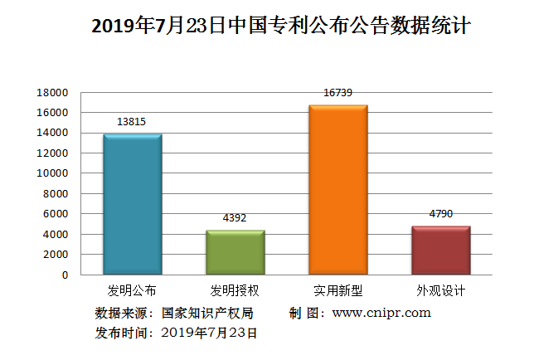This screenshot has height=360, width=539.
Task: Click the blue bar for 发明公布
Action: click(132, 204)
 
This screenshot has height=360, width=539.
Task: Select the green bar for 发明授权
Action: click(235, 252)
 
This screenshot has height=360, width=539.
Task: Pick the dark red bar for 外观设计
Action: click(440, 250)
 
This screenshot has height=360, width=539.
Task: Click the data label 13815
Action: click(132, 122)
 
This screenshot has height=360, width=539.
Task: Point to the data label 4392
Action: click(235, 218)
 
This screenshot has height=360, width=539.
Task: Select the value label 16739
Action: click(337, 93)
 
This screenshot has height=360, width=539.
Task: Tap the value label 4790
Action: click(440, 214)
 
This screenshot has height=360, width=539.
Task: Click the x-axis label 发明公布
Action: click(132, 291)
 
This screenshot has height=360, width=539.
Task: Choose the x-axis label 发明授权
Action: click(235, 291)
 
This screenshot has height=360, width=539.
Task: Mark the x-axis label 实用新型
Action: click(337, 291)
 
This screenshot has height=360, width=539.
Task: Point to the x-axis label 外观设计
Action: click(440, 291)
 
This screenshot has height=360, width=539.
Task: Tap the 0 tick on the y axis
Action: click(64, 275)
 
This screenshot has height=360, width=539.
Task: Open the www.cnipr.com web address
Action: click(381, 313)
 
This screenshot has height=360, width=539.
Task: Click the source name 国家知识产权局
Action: click(207, 313)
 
